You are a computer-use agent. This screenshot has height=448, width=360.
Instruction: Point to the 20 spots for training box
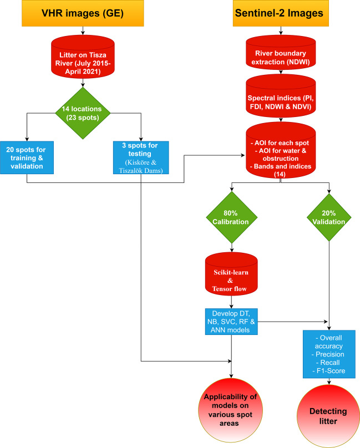(x=27, y=157)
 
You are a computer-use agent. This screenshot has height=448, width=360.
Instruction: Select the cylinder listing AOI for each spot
(x=281, y=150)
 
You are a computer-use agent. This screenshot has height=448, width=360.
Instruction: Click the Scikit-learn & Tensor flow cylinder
(x=231, y=273)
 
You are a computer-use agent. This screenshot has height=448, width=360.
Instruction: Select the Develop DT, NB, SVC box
(x=231, y=320)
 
